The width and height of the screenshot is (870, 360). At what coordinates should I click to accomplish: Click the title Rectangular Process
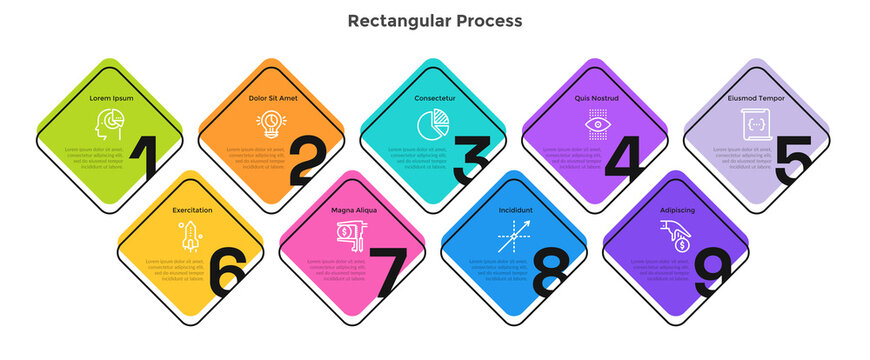(434, 20)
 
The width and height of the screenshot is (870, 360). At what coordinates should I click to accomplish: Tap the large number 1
(146, 161)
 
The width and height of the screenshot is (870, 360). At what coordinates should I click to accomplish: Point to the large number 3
(469, 161)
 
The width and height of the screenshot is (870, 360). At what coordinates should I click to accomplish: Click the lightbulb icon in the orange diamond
(271, 124)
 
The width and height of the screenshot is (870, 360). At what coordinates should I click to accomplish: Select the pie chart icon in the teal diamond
(432, 125)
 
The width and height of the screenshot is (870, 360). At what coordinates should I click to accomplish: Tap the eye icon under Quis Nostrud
(596, 125)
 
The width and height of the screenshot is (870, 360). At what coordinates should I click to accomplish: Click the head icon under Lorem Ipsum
(109, 125)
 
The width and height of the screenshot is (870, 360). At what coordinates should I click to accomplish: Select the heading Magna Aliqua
(352, 211)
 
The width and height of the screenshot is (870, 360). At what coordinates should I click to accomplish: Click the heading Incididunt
(515, 211)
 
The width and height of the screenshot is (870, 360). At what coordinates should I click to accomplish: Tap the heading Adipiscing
(677, 211)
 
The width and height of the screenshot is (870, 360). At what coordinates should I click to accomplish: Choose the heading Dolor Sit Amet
(272, 99)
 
